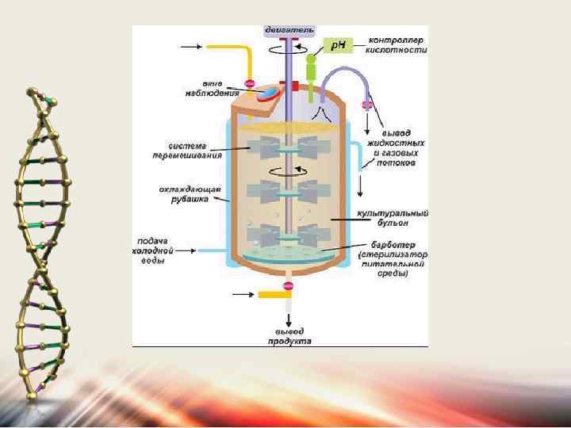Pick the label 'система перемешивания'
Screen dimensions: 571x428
194,150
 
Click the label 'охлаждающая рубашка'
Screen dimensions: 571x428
194,194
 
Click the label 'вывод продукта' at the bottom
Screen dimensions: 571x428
288,336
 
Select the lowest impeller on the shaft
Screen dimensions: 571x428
287,235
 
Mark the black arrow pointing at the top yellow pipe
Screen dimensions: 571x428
190,47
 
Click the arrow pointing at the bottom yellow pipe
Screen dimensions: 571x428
243,295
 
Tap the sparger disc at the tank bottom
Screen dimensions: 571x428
287,256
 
